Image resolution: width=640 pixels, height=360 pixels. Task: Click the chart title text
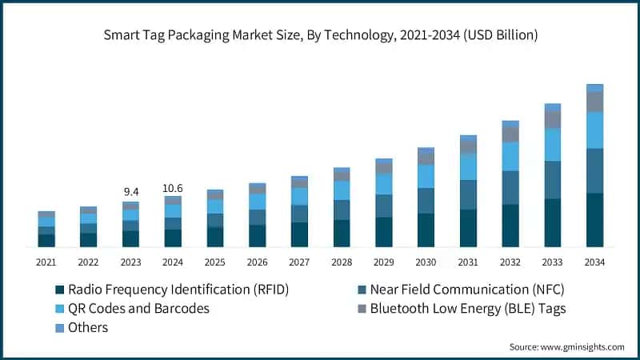[320, 35]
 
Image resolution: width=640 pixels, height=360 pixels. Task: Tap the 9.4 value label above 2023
[130, 192]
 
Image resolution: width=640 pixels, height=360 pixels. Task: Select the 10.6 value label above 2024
[173, 188]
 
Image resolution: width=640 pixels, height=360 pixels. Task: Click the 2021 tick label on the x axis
[46, 262]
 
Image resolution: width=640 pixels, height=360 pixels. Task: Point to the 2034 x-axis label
[594, 262]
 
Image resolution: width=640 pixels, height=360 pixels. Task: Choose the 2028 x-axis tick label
[342, 262]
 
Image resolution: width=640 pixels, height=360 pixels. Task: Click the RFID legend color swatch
[59, 290]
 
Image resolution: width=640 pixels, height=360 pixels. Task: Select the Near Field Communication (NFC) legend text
[455, 290]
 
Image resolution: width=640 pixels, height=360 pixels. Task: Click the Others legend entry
[88, 327]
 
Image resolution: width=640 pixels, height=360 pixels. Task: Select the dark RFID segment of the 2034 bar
[594, 220]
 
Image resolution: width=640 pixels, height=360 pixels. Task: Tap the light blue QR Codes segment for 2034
[594, 130]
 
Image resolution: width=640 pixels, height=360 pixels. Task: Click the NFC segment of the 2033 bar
[552, 180]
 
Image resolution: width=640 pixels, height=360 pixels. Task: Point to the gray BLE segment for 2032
[510, 134]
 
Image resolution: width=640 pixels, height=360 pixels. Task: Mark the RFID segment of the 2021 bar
[46, 240]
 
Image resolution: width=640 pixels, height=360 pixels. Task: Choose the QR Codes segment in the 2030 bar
[426, 176]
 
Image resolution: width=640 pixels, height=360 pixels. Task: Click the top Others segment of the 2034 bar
[594, 88]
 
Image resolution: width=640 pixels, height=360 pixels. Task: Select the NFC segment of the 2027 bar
[299, 214]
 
